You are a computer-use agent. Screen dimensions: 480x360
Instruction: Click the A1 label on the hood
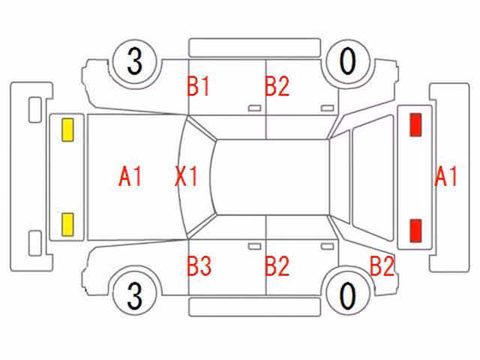(x=130, y=177)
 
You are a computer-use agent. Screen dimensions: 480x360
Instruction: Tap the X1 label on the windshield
(x=186, y=176)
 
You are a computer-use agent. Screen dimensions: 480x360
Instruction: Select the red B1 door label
(x=198, y=86)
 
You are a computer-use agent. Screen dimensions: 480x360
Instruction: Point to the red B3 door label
(x=199, y=265)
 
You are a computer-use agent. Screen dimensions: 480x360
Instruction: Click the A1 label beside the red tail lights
(x=445, y=176)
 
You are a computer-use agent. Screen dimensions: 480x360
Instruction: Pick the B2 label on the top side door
(x=277, y=86)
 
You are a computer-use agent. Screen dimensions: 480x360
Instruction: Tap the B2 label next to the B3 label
(x=277, y=265)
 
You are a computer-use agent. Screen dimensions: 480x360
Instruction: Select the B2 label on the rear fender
(x=382, y=265)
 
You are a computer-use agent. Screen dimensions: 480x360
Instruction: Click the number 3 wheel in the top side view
(x=135, y=62)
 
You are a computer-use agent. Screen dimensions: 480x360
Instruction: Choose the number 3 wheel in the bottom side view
(x=135, y=295)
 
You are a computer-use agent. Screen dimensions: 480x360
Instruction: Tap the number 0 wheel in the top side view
(x=348, y=62)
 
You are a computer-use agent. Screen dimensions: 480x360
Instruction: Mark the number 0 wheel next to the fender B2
(x=348, y=295)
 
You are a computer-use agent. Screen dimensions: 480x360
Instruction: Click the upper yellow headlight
(x=67, y=130)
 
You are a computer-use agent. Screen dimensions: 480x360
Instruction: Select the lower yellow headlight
(x=67, y=225)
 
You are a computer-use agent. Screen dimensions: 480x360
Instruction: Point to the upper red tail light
(x=415, y=124)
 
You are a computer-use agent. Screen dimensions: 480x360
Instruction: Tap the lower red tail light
(x=415, y=230)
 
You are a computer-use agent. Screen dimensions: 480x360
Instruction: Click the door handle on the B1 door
(x=255, y=108)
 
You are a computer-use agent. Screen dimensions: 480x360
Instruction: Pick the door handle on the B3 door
(x=255, y=247)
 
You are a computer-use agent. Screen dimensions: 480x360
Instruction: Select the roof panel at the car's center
(x=271, y=177)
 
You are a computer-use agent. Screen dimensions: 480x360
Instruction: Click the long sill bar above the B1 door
(x=255, y=48)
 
